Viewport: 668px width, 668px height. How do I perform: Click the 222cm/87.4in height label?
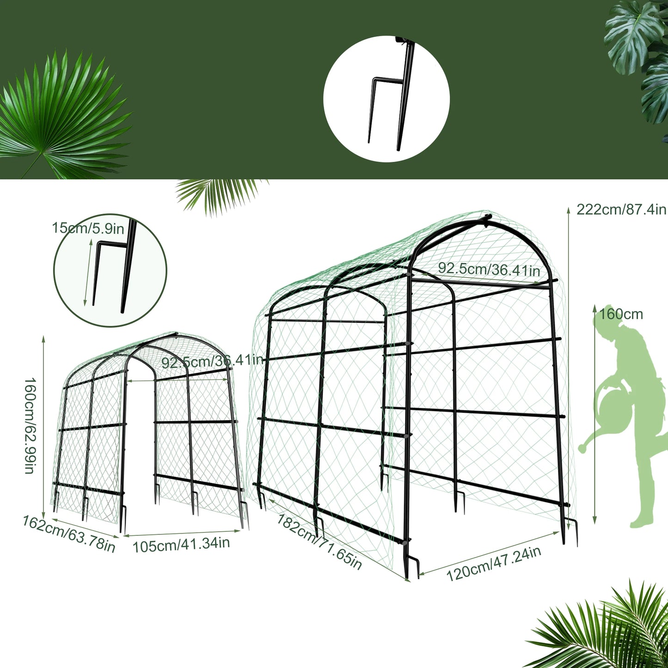[x=621, y=209]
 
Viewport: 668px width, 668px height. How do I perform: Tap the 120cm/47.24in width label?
[x=493, y=564]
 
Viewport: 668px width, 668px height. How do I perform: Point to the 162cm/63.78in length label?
[x=69, y=533]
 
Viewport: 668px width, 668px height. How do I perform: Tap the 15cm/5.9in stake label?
[x=88, y=228]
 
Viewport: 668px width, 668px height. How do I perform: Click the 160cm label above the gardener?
[x=621, y=314]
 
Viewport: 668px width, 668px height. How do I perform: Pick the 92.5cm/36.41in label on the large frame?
[x=489, y=269]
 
